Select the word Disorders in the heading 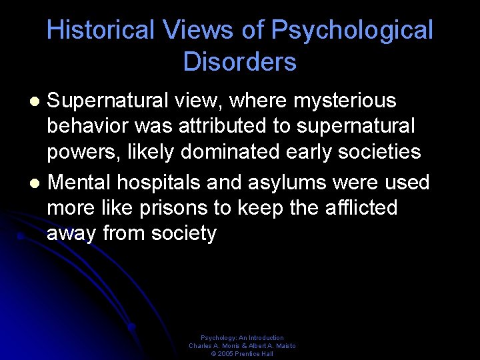coord(240,62)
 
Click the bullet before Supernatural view coord(37,102)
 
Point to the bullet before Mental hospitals coord(37,182)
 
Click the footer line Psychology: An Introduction coord(242,338)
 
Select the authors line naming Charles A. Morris coord(242,346)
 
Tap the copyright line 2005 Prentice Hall coord(242,354)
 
